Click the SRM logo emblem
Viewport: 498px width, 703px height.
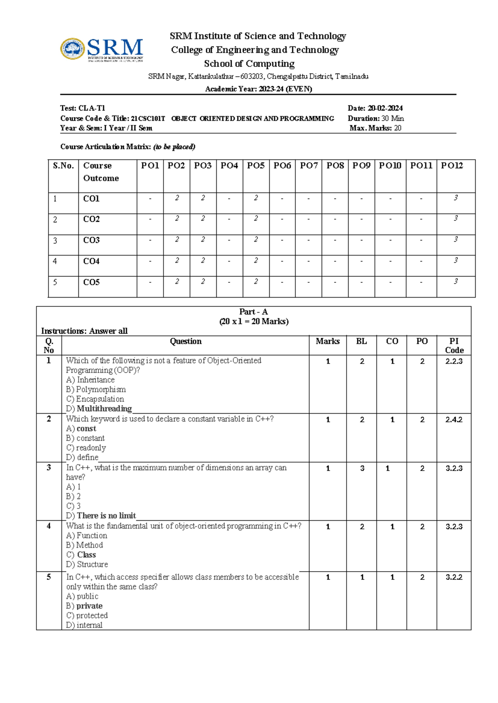pos(73,49)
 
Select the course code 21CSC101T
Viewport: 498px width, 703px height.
pos(148,119)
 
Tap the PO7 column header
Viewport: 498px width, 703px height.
pos(309,166)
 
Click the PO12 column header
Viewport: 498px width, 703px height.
pos(452,166)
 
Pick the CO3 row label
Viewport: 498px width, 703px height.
pos(91,240)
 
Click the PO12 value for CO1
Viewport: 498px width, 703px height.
pos(456,198)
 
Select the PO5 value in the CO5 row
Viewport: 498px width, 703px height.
pos(256,281)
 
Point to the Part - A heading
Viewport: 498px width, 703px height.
pos(254,312)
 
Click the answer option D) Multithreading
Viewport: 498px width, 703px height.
pos(99,409)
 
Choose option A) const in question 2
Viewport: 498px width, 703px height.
pos(81,429)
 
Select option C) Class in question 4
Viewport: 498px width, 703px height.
pos(81,555)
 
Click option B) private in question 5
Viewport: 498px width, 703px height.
pos(85,606)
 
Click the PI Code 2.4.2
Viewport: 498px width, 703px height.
pos(454,420)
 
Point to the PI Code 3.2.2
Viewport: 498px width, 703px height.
pos(454,577)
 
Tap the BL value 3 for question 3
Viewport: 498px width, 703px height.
pos(362,468)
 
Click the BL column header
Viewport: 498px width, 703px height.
pos(361,341)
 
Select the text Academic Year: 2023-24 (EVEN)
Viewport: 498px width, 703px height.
pos(259,89)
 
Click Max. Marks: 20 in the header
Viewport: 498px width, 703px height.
pos(375,128)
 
